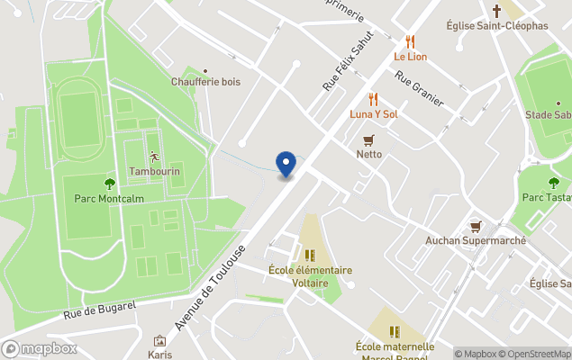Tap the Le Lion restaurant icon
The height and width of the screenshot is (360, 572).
click(411, 41)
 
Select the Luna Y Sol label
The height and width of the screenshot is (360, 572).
click(374, 114)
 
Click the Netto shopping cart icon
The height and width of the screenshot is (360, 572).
click(368, 139)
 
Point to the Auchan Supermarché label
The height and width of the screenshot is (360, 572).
click(475, 241)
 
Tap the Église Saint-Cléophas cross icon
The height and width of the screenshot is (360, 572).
click(496, 11)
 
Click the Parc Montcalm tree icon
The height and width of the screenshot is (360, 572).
click(109, 184)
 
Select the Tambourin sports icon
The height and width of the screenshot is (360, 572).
click(154, 156)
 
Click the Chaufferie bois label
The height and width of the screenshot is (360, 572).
click(205, 82)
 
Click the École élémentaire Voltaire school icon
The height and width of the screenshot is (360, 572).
click(310, 256)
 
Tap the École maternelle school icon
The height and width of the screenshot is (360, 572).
click(395, 332)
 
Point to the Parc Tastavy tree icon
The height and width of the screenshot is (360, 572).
click(553, 183)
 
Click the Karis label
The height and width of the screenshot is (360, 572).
click(160, 354)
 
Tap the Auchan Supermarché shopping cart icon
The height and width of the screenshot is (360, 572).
click(475, 227)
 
